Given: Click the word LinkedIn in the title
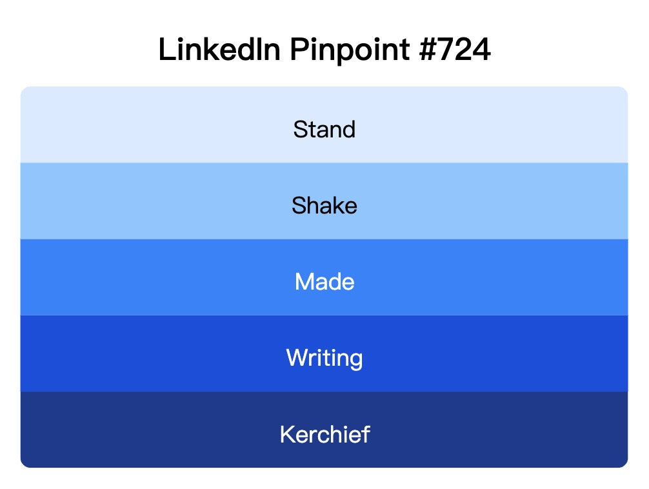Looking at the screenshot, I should coord(219,50).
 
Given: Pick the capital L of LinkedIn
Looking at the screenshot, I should coord(165,50).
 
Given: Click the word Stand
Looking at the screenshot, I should coord(324,130).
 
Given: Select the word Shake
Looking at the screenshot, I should coord(324,206).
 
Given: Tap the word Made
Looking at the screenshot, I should coord(324,282).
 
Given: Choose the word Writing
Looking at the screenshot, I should coord(324,358).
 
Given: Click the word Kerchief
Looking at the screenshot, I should coord(324,434).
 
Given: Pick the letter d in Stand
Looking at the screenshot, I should coord(348,130).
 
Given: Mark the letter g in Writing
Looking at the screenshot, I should coord(355,360).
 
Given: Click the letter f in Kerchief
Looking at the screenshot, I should coord(366,434).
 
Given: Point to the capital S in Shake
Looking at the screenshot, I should coord(298,206).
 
